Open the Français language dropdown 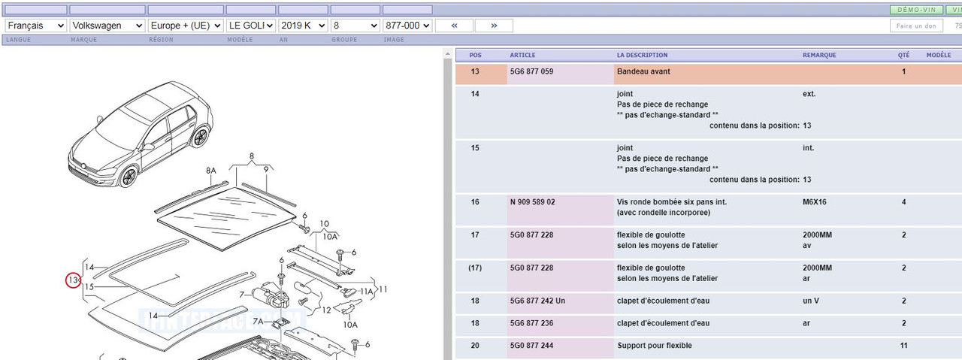pyautogui.click(x=35, y=26)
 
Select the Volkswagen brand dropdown pyautogui.click(x=107, y=26)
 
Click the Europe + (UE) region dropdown pyautogui.click(x=186, y=26)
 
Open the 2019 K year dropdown pyautogui.click(x=303, y=26)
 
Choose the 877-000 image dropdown pyautogui.click(x=407, y=26)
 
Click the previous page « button pyautogui.click(x=455, y=26)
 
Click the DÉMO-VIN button pyautogui.click(x=916, y=10)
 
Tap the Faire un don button pyautogui.click(x=916, y=26)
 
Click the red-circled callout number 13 pyautogui.click(x=73, y=280)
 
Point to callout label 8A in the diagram pyautogui.click(x=211, y=171)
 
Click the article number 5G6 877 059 pyautogui.click(x=531, y=71)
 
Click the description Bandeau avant pyautogui.click(x=643, y=71)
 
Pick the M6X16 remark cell pyautogui.click(x=814, y=202)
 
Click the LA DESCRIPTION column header pyautogui.click(x=642, y=55)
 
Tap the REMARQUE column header pyautogui.click(x=819, y=55)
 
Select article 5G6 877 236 pyautogui.click(x=531, y=323)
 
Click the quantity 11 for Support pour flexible pyautogui.click(x=903, y=346)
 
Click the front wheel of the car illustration pyautogui.click(x=129, y=177)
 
